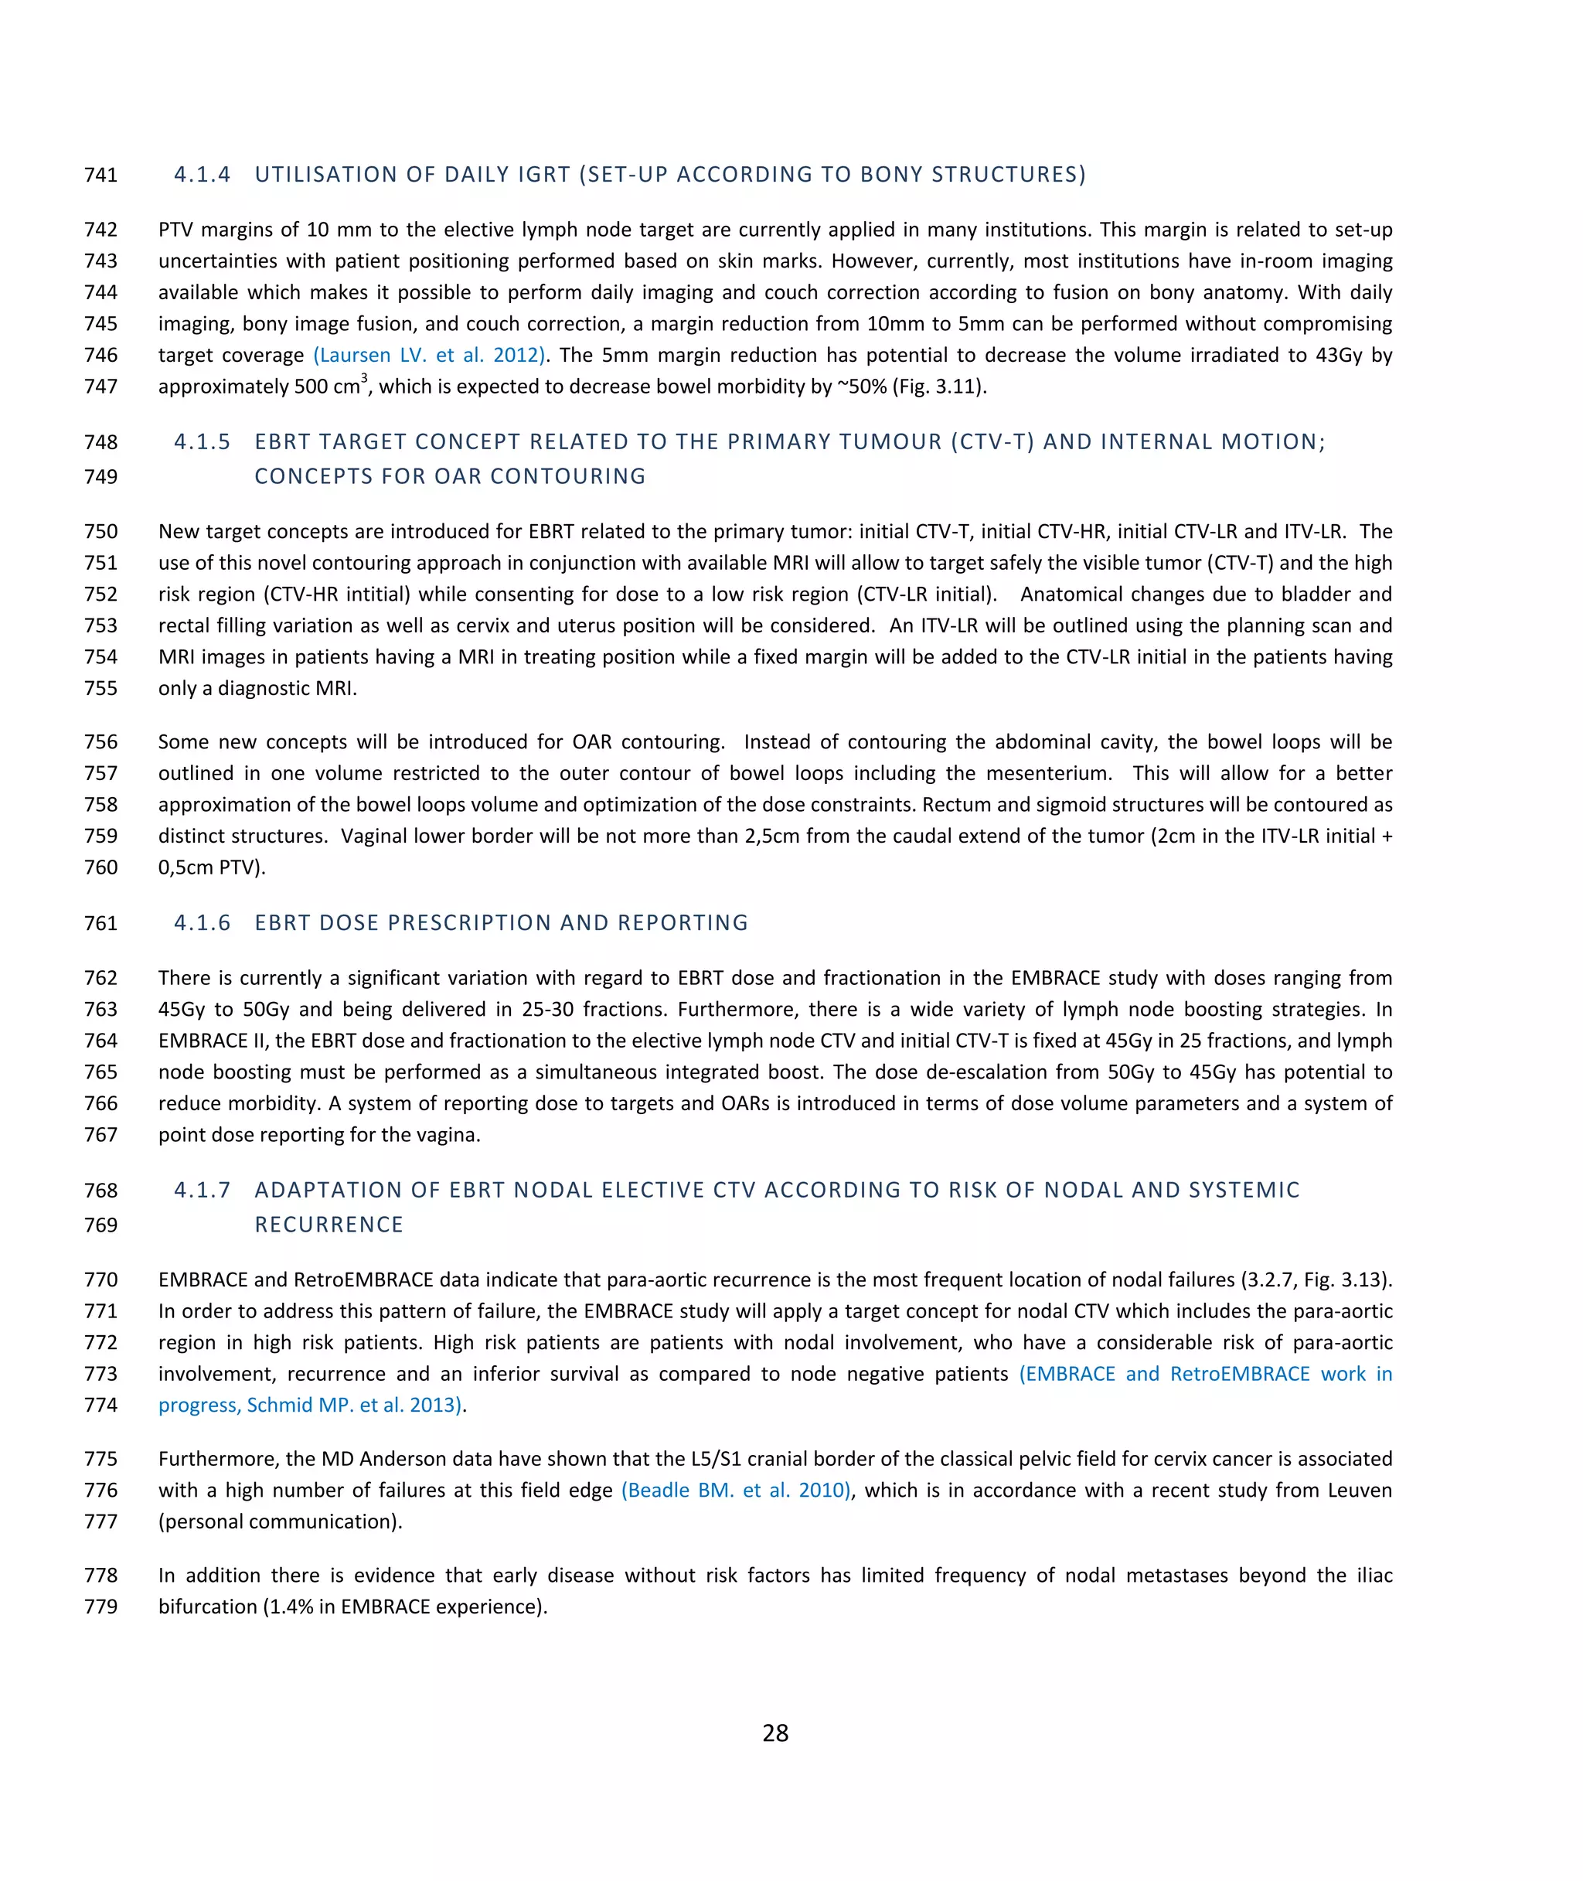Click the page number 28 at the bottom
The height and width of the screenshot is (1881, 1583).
(x=775, y=1733)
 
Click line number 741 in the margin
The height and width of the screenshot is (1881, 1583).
(x=100, y=175)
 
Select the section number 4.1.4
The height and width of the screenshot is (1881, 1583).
(x=202, y=174)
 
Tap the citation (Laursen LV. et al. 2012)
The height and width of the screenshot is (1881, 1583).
(x=430, y=356)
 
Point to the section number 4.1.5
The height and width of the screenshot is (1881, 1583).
(x=202, y=441)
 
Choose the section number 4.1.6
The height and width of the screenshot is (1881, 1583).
(x=202, y=922)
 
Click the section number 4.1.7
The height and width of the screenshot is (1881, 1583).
(x=202, y=1190)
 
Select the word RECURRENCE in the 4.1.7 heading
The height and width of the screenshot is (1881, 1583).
(x=329, y=1225)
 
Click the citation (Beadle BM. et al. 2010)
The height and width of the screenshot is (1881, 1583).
(x=735, y=1491)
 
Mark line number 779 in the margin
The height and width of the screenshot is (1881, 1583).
(x=100, y=1607)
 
